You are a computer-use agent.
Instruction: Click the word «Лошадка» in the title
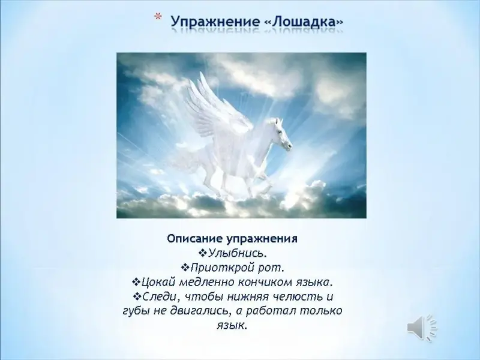click(304, 22)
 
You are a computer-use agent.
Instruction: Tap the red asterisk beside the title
click(157, 17)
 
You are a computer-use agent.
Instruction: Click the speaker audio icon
click(422, 327)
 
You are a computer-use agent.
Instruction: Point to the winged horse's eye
click(280, 131)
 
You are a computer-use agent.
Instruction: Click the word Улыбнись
click(236, 253)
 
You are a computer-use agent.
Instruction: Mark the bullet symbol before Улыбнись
click(203, 253)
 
